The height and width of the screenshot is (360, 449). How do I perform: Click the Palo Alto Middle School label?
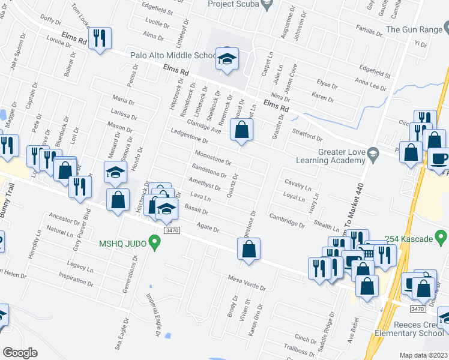[x=172, y=56]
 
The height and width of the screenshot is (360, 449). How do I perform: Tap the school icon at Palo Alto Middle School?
[x=227, y=59]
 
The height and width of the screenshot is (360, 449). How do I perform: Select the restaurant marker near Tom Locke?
[x=100, y=38]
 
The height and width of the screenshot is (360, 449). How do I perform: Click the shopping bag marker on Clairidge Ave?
[x=241, y=130]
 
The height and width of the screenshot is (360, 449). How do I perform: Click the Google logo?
[x=20, y=352]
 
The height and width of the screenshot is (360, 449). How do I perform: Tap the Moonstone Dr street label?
[x=214, y=161]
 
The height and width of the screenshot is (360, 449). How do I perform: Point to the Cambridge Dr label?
[x=287, y=220]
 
